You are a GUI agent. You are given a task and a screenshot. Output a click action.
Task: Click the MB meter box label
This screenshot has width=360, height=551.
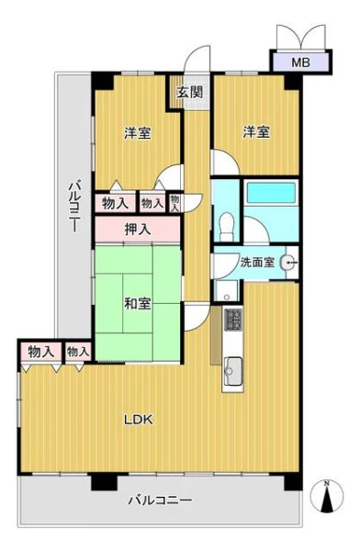point(301,62)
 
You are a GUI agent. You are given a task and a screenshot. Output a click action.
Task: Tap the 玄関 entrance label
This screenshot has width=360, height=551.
point(190,92)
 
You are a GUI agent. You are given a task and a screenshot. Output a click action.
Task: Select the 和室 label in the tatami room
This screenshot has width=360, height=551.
point(138,304)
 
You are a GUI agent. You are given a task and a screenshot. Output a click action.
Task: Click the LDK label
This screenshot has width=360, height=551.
point(139,420)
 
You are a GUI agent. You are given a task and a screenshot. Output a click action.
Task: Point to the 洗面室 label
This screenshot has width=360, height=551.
point(257,262)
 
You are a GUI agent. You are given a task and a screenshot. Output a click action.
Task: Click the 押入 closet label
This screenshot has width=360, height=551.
point(138,230)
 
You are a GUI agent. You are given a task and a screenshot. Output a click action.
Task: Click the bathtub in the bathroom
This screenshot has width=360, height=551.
point(271,193)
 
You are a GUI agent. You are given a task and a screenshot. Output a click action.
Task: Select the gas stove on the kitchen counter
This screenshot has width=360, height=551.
point(232,320)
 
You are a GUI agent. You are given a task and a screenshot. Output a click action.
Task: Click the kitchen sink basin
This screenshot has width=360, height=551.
point(232,371)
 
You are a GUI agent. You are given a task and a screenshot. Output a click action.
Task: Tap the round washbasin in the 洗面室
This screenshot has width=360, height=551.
point(288,262)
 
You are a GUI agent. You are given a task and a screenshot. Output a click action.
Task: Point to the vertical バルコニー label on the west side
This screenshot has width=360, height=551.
point(75,206)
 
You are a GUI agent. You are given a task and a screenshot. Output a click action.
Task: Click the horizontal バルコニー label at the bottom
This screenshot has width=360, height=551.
point(160,500)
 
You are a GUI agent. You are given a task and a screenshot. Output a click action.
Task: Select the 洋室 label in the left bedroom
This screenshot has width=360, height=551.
point(138,133)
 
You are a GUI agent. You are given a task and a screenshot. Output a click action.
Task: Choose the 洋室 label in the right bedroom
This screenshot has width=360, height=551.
point(257,132)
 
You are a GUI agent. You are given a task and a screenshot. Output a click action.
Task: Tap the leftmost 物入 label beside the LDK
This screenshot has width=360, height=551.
point(40,352)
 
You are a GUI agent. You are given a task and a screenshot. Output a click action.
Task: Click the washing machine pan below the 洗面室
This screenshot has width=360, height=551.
point(227,290)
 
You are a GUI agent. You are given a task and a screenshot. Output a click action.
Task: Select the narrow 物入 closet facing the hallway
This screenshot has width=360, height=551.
point(174,203)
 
